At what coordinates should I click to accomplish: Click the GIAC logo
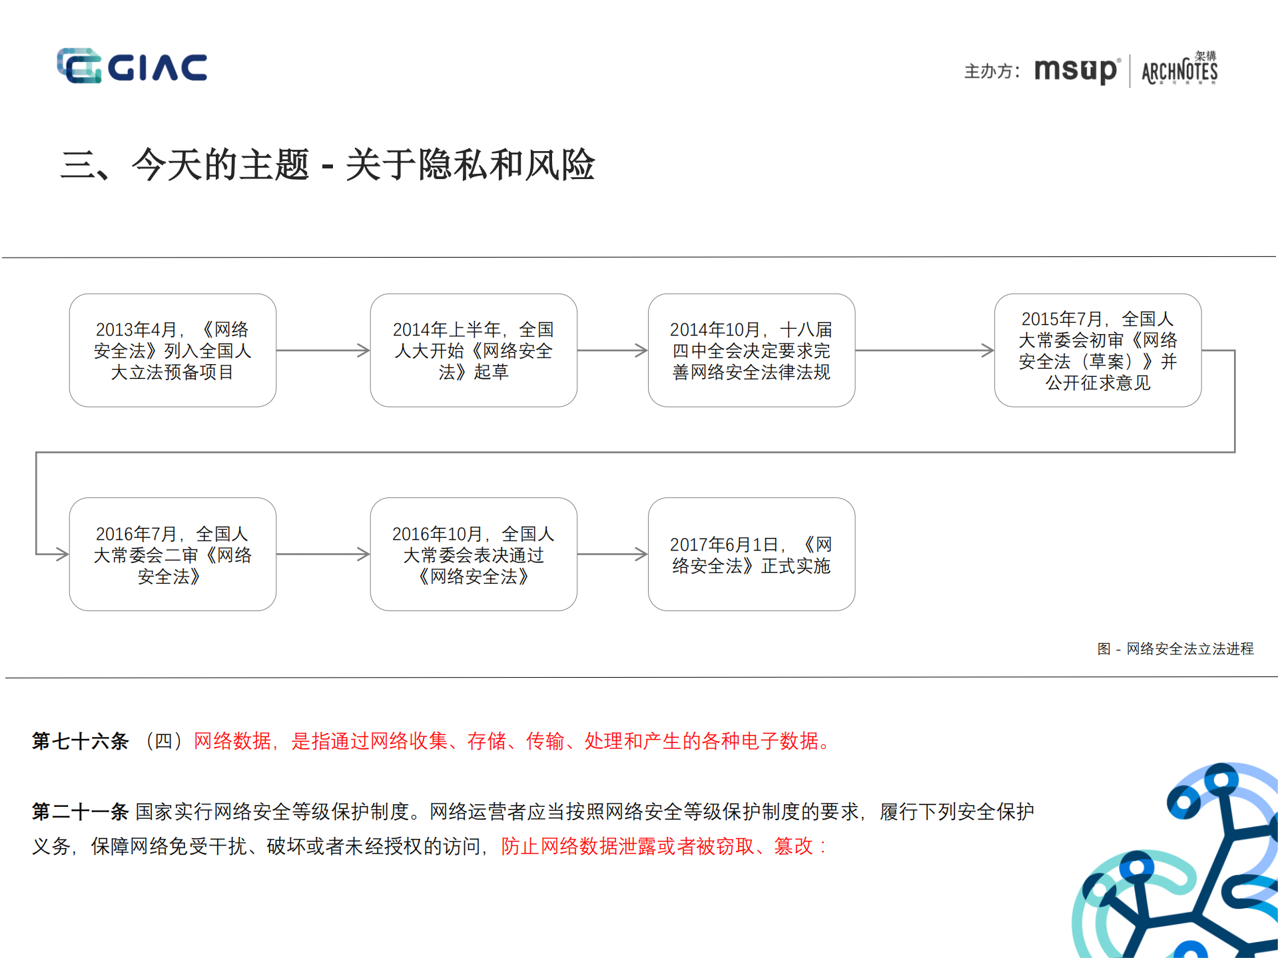[x=132, y=66]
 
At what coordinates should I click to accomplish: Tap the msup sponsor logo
[x=1076, y=70]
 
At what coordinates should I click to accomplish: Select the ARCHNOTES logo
[x=1179, y=70]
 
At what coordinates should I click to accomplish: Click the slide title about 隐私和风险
[x=328, y=164]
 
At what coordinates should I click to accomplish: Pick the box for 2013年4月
[x=172, y=350]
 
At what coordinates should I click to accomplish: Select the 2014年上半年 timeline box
[x=474, y=350]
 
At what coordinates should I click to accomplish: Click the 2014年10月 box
[x=751, y=350]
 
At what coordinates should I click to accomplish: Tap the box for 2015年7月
[x=1098, y=350]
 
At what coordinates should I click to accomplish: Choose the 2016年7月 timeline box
[x=172, y=554]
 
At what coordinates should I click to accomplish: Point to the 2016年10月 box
[x=474, y=554]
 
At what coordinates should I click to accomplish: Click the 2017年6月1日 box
[x=751, y=554]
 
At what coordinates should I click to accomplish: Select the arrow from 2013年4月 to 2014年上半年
[x=323, y=350]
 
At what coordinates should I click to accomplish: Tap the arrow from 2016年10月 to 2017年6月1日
[x=612, y=554]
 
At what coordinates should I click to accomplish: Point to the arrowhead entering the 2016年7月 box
[x=61, y=554]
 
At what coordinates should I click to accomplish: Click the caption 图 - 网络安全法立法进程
[x=1175, y=648]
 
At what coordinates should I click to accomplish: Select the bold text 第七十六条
[x=80, y=741]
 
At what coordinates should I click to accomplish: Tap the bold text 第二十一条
[x=80, y=812]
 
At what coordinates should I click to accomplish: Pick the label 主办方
[x=991, y=71]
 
